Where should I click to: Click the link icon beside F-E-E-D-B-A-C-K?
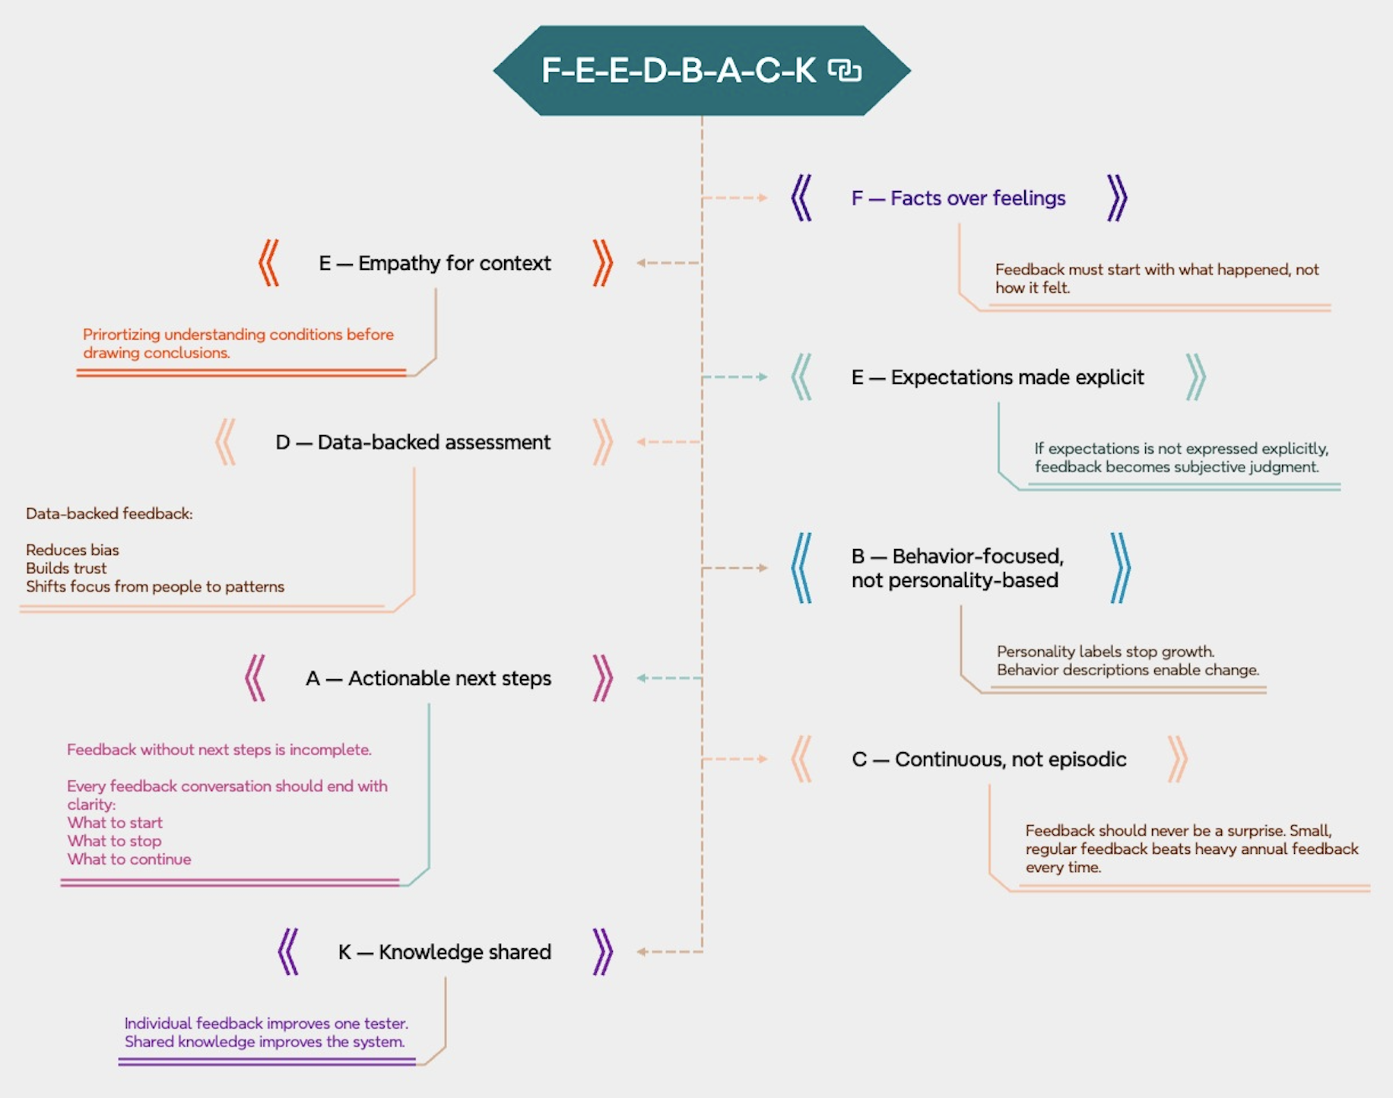pos(845,71)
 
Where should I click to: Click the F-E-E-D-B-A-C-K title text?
pos(678,71)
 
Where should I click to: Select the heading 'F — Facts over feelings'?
pos(958,198)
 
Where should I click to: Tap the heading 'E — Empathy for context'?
pos(435,263)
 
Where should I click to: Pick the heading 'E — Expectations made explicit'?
pos(998,377)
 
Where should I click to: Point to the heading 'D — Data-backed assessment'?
pos(413,443)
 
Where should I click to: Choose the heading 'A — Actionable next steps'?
pos(428,678)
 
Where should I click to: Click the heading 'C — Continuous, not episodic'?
pos(988,760)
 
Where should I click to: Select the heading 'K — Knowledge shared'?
pos(445,952)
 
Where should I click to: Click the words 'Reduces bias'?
pos(72,550)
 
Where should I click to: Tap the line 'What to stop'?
pos(114,841)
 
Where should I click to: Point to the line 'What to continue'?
pos(129,859)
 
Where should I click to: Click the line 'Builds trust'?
pos(66,568)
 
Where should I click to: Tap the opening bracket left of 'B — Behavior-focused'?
pos(801,568)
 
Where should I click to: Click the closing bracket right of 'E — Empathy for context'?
pos(602,263)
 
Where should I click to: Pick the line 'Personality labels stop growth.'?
pos(1105,652)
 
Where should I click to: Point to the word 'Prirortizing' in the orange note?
pos(121,335)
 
